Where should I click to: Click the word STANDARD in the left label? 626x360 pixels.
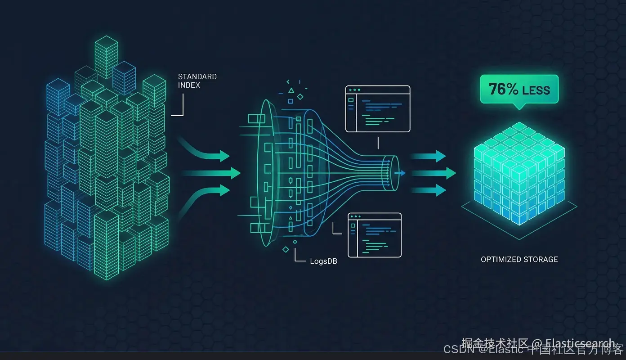197,77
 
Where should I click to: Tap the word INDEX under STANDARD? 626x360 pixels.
189,85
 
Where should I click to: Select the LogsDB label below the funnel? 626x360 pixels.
323,261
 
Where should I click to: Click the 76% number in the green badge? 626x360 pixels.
503,89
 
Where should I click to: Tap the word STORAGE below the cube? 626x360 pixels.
541,260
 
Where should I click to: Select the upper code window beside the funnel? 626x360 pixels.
378,109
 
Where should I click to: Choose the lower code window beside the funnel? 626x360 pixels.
374,235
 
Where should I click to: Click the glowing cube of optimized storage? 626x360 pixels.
519,173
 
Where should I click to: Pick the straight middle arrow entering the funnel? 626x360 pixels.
211,173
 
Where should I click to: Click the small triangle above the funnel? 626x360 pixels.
291,90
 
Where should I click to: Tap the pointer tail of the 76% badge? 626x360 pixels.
519,107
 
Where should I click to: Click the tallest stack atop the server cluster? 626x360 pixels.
107,56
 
